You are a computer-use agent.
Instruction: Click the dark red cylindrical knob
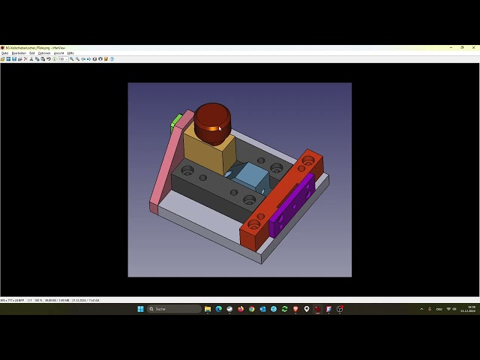pos(212,122)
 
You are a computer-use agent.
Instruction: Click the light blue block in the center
pos(251,178)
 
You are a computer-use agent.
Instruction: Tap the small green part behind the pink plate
pos(175,121)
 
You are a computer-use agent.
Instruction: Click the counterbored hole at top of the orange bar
pos(308,160)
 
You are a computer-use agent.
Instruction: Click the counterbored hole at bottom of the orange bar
pos(253,224)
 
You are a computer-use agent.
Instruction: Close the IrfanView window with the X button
pos(472,47)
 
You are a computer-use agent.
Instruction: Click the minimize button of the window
pos(451,47)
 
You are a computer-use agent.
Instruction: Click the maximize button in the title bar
pos(462,47)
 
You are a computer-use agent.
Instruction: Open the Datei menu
pos(4,53)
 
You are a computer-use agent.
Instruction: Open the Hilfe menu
pos(70,53)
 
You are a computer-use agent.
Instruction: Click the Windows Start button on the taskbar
pos(140,309)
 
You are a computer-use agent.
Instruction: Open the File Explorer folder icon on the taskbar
pos(208,309)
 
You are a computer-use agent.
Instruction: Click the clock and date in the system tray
pos(471,309)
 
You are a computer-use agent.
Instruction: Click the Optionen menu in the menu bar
pos(44,53)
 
